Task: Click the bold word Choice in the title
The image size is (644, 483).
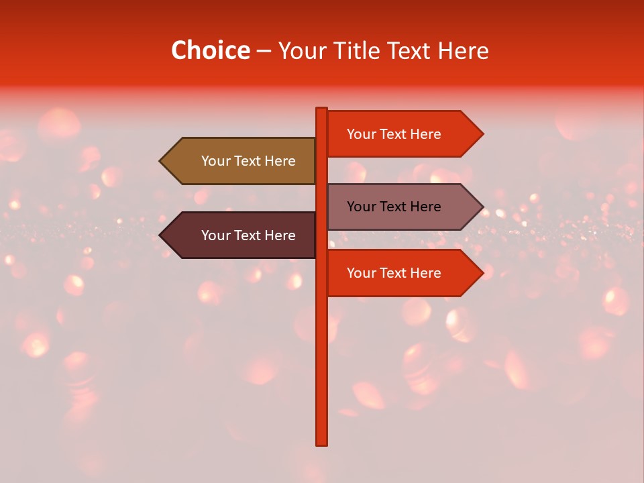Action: pyautogui.click(x=211, y=51)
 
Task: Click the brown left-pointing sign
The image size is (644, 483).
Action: pyautogui.click(x=241, y=161)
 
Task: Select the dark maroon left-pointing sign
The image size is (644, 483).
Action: pyautogui.click(x=241, y=235)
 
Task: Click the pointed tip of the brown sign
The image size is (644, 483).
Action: pyautogui.click(x=161, y=161)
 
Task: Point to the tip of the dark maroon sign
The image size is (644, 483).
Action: pyautogui.click(x=161, y=235)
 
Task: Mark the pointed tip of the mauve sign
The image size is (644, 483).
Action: pyautogui.click(x=482, y=207)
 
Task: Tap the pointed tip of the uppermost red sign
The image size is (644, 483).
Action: pyautogui.click(x=482, y=134)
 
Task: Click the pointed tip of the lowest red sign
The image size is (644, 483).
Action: pyautogui.click(x=482, y=273)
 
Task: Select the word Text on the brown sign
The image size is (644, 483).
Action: pyautogui.click(x=249, y=161)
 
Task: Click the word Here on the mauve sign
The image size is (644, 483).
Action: pyautogui.click(x=425, y=207)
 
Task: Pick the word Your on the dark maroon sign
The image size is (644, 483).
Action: pyautogui.click(x=215, y=235)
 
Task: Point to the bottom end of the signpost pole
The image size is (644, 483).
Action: pyautogui.click(x=322, y=443)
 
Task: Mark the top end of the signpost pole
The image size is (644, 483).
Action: pyautogui.click(x=322, y=109)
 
